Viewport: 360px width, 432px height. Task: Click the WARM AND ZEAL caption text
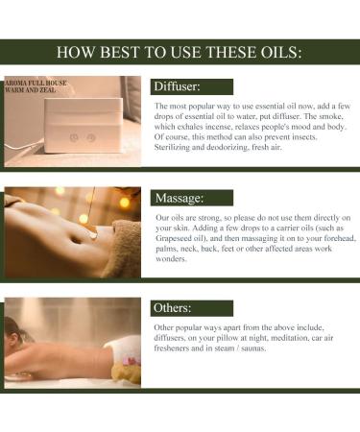(x=34, y=93)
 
